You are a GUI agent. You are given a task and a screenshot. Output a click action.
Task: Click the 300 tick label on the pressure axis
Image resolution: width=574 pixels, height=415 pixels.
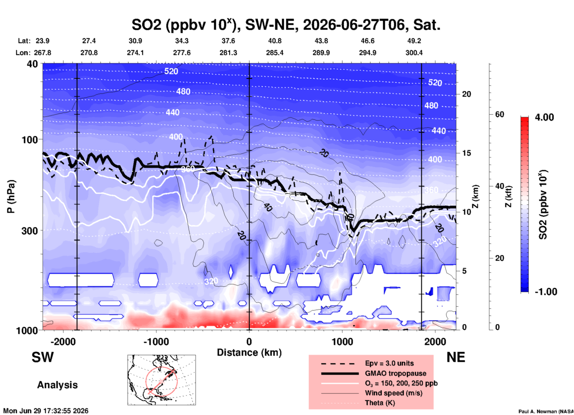(x=30, y=231)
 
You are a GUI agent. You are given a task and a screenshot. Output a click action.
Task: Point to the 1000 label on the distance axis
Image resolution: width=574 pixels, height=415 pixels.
(x=342, y=341)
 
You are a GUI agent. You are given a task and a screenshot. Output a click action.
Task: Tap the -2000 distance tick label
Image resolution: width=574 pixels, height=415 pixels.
(x=63, y=341)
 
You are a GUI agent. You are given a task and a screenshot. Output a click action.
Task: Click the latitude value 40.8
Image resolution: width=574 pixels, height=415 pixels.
(x=275, y=41)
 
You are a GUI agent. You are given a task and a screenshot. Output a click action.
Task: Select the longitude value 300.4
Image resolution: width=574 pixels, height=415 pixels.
(x=414, y=53)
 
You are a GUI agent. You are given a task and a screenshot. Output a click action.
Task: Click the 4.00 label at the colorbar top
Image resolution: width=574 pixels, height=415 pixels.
(x=544, y=117)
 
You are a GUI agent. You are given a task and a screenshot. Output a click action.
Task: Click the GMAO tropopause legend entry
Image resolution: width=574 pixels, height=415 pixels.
(x=395, y=373)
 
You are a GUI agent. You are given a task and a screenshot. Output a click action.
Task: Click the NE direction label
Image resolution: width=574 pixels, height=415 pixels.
(x=456, y=357)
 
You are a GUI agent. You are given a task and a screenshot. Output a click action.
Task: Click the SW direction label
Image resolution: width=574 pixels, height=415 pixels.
(x=43, y=357)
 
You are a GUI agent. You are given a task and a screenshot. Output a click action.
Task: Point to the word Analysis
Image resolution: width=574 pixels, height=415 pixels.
(x=57, y=385)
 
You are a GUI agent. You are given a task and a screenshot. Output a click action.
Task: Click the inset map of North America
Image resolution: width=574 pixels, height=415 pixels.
(x=162, y=380)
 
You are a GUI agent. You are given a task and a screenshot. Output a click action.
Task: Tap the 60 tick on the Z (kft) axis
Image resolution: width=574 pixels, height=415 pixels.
(x=499, y=114)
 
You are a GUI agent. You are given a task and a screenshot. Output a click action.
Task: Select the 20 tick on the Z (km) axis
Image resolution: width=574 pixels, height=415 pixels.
(x=466, y=94)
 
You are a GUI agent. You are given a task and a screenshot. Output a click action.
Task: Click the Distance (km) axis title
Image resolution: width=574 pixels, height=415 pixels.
(x=249, y=352)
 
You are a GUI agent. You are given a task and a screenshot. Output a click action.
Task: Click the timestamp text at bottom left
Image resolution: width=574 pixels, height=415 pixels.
(x=46, y=411)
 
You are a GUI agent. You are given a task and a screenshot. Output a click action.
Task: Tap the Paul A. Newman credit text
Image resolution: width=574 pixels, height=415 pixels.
(x=546, y=411)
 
